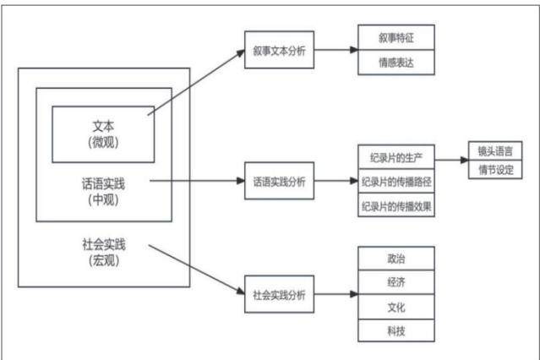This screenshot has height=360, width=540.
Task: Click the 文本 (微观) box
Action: click(103, 134)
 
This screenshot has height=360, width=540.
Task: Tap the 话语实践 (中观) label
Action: click(103, 192)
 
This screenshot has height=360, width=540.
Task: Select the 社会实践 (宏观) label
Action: click(104, 252)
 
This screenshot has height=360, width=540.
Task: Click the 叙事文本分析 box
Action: click(280, 50)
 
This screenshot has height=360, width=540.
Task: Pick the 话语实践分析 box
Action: click(280, 181)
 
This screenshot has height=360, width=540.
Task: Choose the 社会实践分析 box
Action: click(280, 294)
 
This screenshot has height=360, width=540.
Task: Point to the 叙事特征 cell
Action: click(396, 37)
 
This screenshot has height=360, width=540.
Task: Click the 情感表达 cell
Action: click(396, 63)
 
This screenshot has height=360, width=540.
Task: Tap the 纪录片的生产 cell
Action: click(396, 157)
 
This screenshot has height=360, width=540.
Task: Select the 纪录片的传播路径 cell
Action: click(396, 181)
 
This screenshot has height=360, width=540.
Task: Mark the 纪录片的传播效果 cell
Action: click(396, 205)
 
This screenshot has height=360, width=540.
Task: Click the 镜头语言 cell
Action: click(495, 151)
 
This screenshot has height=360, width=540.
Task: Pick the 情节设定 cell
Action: click(495, 170)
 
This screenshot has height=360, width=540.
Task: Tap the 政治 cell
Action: click(396, 259)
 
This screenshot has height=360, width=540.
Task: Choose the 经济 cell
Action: click(396, 282)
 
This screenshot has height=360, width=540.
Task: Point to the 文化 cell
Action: click(396, 307)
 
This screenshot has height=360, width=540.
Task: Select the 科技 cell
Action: click(396, 330)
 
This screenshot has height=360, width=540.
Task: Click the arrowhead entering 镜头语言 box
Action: click(465, 160)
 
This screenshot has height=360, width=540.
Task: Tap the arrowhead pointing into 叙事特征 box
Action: click(354, 50)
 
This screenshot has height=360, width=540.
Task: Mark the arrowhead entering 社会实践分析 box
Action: click(241, 291)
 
